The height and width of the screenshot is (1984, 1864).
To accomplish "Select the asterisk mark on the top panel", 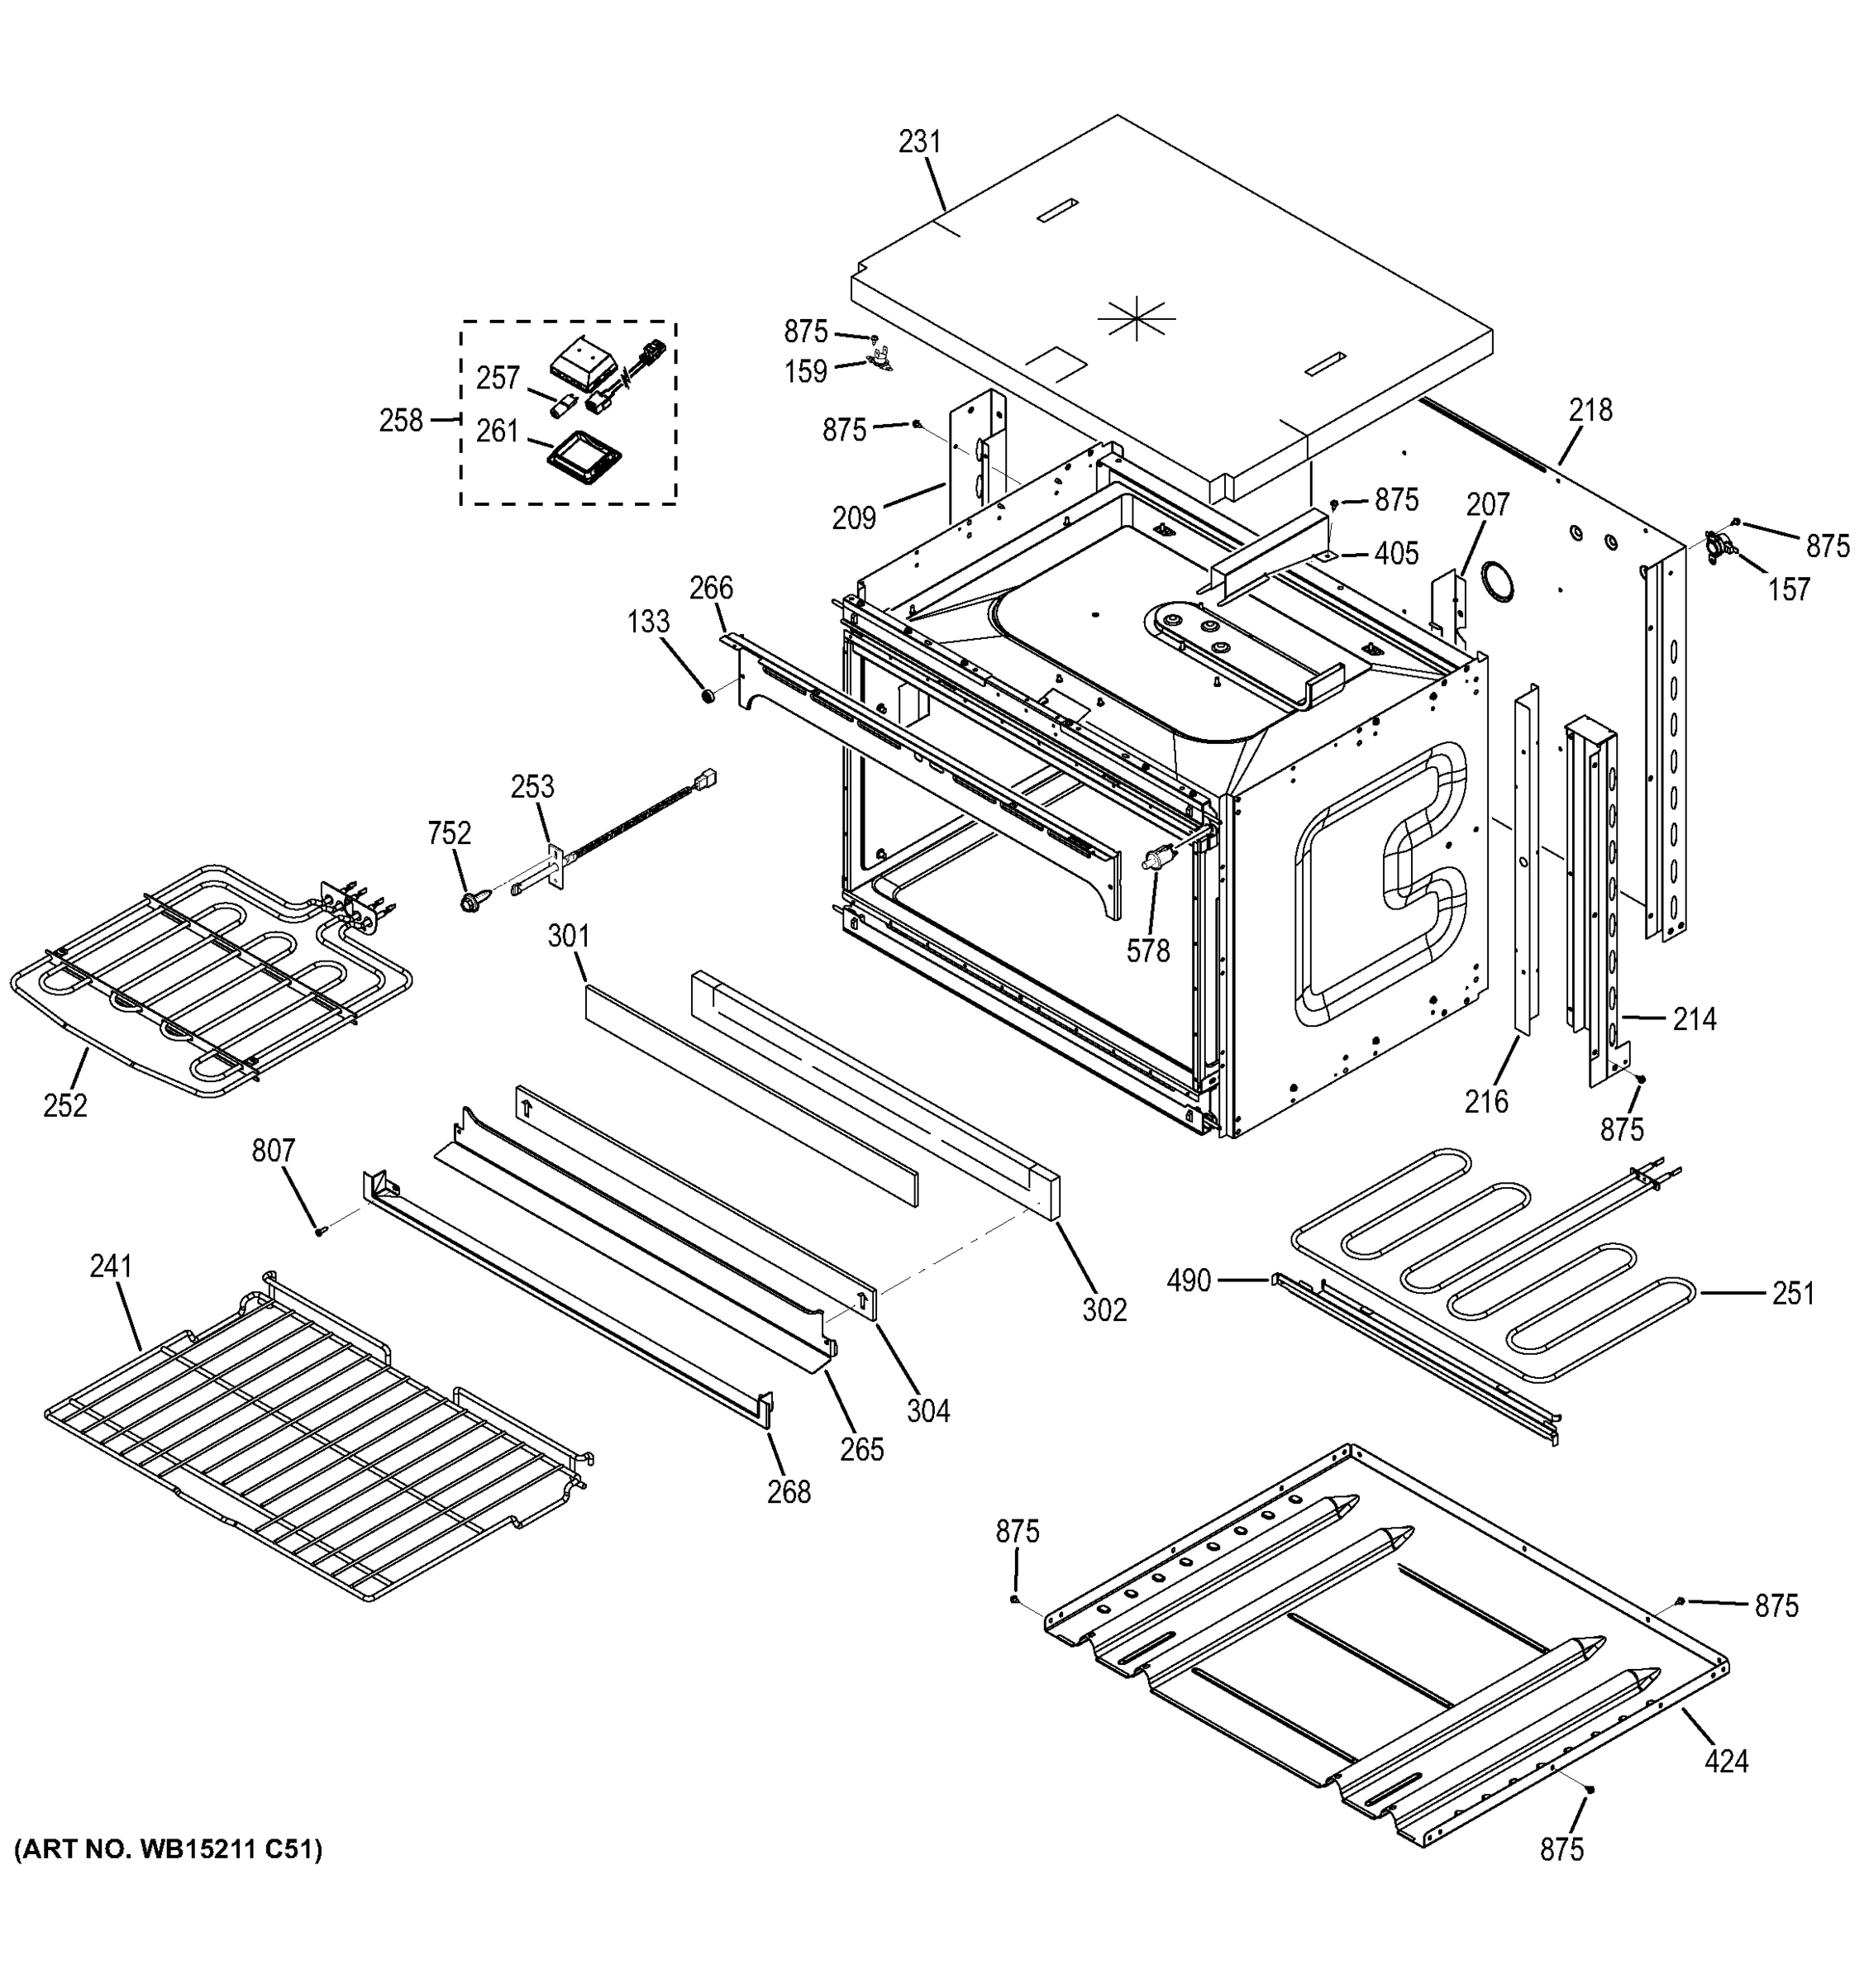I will (x=1136, y=318).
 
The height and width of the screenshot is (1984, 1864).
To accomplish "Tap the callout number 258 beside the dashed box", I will (x=400, y=421).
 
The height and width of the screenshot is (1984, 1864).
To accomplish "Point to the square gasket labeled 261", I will (x=583, y=462).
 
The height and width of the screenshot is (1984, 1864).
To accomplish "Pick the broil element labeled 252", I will (x=199, y=983).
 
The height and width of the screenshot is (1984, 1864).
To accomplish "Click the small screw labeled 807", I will (x=319, y=1232).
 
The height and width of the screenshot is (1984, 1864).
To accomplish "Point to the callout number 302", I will (x=1104, y=1309).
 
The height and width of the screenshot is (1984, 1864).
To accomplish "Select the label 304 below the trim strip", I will (x=928, y=1410).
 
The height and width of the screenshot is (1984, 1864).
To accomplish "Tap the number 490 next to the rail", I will (x=1189, y=1280).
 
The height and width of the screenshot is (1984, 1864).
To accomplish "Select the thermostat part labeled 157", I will (x=1723, y=544).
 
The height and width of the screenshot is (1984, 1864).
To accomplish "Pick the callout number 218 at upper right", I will (x=1590, y=409).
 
